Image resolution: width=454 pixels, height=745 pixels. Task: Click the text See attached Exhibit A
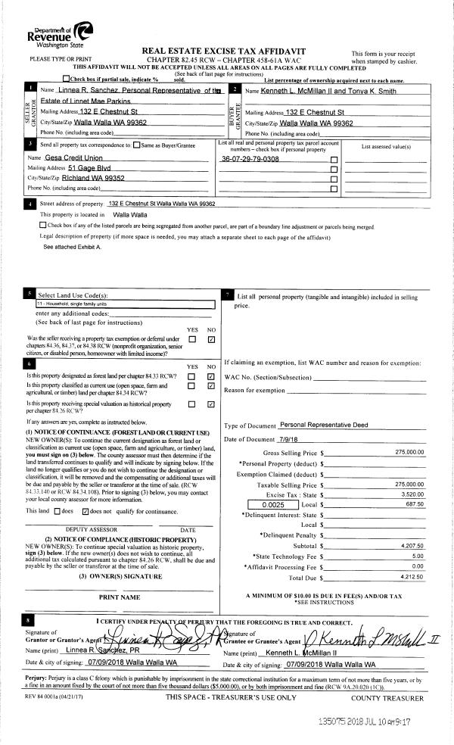coord(70,247)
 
